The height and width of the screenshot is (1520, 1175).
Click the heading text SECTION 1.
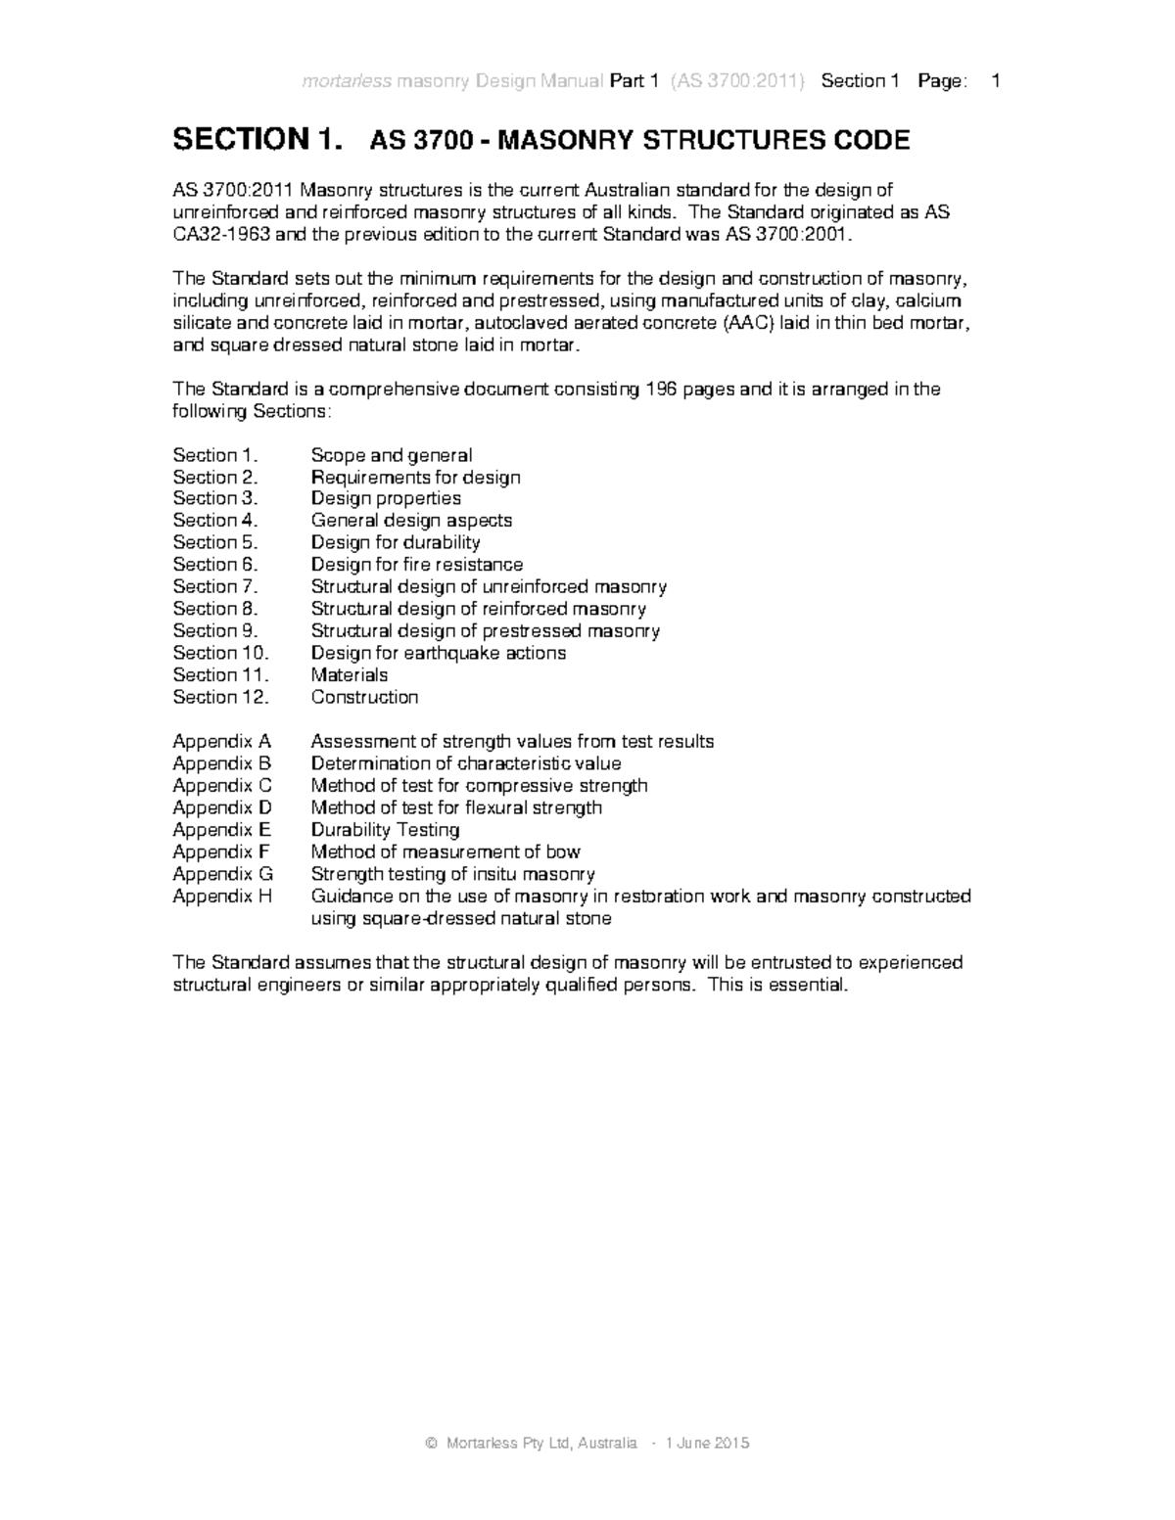pos(258,140)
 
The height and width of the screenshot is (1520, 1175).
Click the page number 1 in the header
pos(996,81)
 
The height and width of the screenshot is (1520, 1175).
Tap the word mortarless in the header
pos(346,81)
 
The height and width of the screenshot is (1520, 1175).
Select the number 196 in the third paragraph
pos(659,390)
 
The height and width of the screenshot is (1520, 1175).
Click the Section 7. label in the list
pos(214,587)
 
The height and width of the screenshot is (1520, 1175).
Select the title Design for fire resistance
pos(416,565)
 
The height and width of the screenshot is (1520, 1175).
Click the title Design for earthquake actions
pos(438,653)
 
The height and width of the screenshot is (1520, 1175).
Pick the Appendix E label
pos(221,830)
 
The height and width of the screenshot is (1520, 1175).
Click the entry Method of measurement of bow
pos(445,852)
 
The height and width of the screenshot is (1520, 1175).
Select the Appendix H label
pos(222,897)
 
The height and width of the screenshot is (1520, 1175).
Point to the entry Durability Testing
pos(385,830)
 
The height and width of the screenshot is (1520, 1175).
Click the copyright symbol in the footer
pos(431,1444)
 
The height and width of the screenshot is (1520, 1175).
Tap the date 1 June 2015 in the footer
pos(707,1444)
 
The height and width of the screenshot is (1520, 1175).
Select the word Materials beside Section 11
pos(349,675)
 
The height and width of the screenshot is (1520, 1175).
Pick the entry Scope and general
pos(391,455)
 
